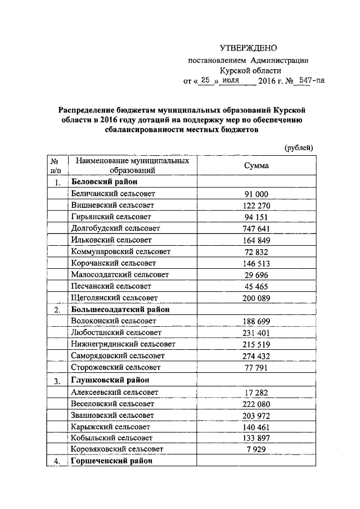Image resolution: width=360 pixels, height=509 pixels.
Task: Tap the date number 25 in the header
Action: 205,81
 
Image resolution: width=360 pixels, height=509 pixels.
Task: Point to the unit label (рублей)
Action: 298,148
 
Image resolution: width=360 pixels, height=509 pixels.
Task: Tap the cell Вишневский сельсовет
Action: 112,205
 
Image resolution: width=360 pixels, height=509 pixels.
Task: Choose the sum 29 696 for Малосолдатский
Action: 256,274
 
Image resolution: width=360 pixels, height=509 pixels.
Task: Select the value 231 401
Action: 256,333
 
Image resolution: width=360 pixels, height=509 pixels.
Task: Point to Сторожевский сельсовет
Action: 116,367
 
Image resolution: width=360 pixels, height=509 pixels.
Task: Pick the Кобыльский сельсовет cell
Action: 112,437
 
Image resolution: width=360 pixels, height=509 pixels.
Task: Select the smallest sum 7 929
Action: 256,449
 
